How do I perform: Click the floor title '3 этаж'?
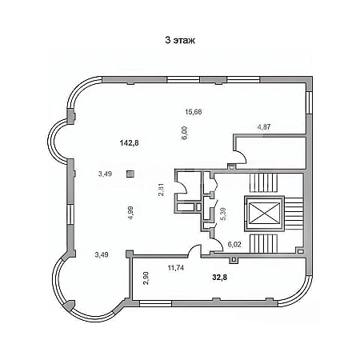pos(180,40)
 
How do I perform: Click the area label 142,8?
pos(130,143)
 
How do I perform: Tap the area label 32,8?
pos(220,278)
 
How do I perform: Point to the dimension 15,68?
pos(194,112)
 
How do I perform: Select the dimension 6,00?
pos(185,134)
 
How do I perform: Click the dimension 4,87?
pos(264,127)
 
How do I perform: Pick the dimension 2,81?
pos(162,190)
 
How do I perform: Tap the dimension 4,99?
pos(130,213)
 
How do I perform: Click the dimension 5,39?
pos(223,214)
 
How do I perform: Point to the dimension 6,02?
pos(234,245)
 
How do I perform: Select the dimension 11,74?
pos(176,268)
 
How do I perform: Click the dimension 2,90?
pos(146,278)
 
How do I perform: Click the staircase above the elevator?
pos(263,183)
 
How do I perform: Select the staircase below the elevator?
pos(263,243)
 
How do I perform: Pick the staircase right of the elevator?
pos(294,214)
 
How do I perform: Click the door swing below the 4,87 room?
pos(240,157)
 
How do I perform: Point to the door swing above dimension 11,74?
pos(194,250)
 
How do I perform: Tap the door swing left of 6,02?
pos(217,245)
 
